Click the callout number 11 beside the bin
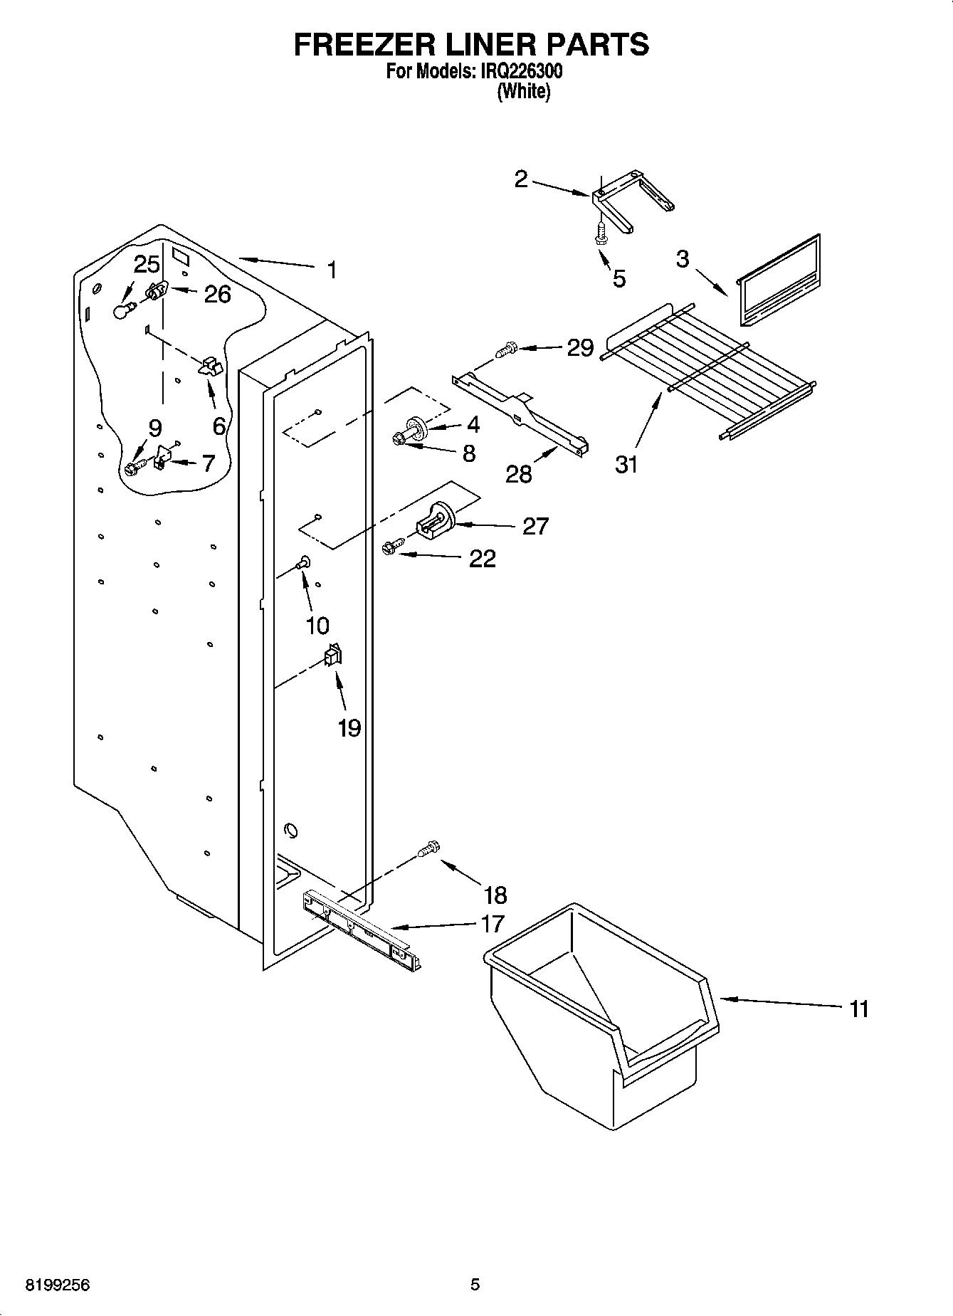[859, 1009]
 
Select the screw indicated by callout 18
[428, 848]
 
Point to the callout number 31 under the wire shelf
[626, 465]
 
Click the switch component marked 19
[332, 655]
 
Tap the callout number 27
[535, 526]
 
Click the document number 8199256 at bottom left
[58, 1285]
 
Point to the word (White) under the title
[523, 92]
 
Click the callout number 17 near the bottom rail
[493, 924]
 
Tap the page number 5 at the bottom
[475, 1285]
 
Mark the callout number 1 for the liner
[331, 270]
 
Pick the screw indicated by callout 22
[391, 547]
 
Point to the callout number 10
[317, 626]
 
